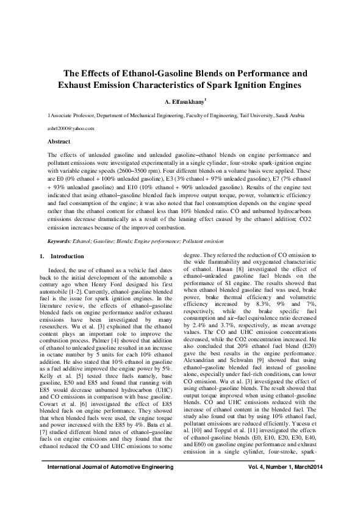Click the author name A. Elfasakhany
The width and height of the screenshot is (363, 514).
pyautogui.click(x=181, y=101)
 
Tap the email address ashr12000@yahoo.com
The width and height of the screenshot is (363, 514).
pyautogui.click(x=71, y=128)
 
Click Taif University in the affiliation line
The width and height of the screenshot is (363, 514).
pyautogui.click(x=258, y=115)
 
